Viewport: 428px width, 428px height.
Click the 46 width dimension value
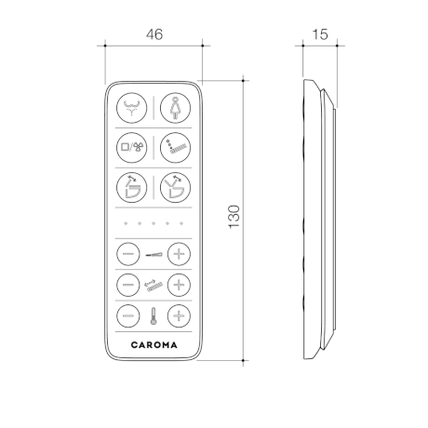[x=154, y=34]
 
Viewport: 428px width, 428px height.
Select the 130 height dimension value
[x=234, y=217]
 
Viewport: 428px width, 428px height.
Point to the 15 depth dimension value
[x=320, y=34]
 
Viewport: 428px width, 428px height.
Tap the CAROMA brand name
[x=154, y=345]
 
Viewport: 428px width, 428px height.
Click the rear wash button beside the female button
[x=131, y=108]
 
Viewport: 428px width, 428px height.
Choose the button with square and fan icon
[x=131, y=148]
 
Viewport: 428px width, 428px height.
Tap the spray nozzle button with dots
[x=175, y=148]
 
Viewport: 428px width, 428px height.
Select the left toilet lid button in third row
[x=131, y=188]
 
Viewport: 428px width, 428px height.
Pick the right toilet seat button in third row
[x=175, y=188]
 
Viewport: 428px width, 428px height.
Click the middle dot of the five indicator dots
[x=154, y=223]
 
